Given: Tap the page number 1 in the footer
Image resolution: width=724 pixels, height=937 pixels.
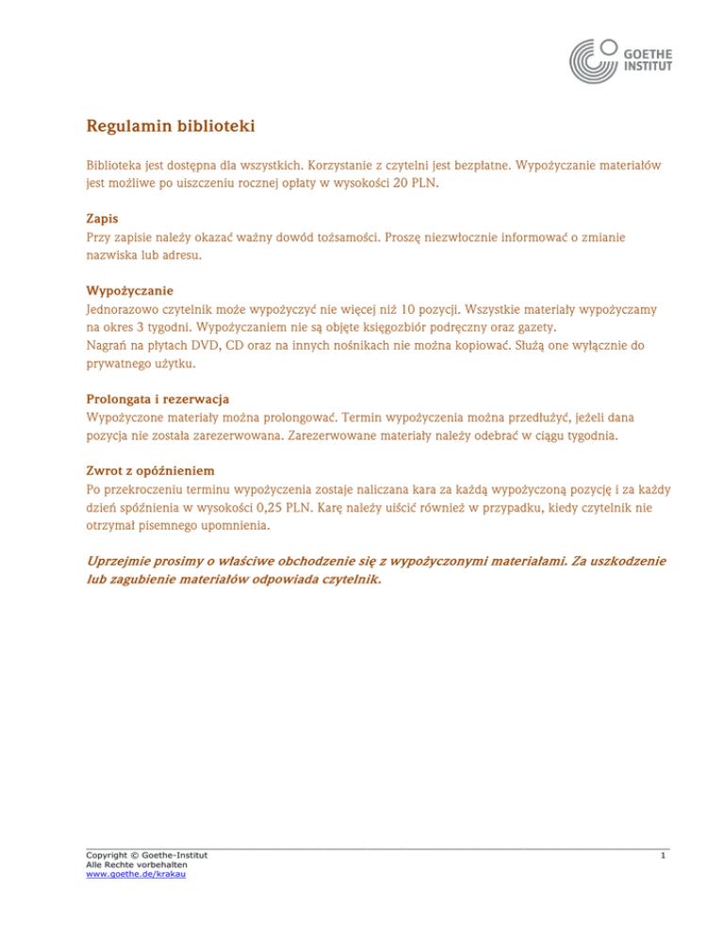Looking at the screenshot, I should (665, 856).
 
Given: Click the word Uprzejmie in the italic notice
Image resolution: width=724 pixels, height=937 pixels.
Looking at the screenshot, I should (121, 562).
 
